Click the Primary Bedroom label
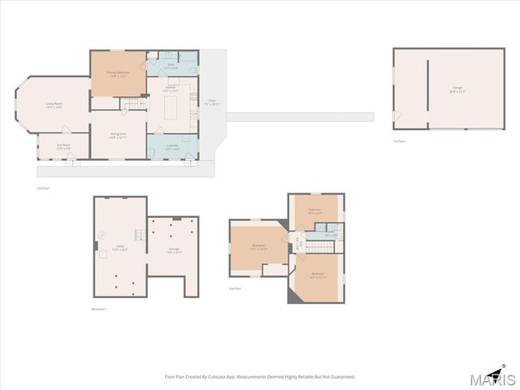coord(118,73)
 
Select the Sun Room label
coord(63,146)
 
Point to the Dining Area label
coord(118,136)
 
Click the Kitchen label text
coord(171,89)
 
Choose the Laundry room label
coord(172,147)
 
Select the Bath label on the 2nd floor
coord(171,65)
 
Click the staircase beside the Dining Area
coord(135,103)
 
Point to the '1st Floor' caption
coord(399,141)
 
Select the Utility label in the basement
coord(119,249)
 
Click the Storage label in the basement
coord(174,251)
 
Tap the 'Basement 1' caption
coord(100,309)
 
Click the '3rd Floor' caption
coord(235,288)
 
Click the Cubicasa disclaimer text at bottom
coord(260,377)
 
